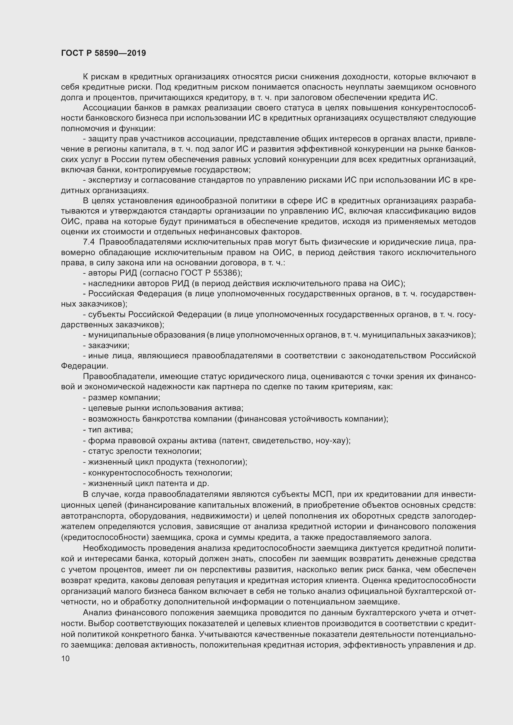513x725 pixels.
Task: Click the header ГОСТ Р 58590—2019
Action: [103, 53]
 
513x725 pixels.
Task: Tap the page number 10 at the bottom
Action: [65, 658]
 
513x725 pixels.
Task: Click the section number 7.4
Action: [89, 242]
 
